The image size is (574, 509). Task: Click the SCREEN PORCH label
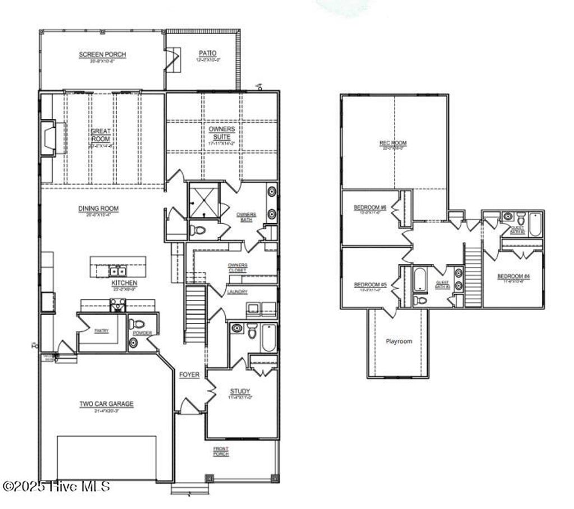[102, 54]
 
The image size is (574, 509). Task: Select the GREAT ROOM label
[101, 135]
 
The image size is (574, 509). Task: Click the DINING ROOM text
[98, 209]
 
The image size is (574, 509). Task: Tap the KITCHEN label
[124, 283]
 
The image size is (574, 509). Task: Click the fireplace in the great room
[48, 138]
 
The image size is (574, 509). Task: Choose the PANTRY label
[101, 331]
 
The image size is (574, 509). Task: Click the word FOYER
[189, 374]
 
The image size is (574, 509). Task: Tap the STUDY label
[240, 391]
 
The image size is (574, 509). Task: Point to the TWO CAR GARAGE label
[107, 404]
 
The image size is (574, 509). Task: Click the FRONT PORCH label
[221, 451]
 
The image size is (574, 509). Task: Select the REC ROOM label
[393, 144]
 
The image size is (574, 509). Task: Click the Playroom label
[399, 341]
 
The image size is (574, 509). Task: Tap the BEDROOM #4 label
[513, 276]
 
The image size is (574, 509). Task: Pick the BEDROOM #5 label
[368, 285]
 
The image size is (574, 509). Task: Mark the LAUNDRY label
[237, 292]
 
